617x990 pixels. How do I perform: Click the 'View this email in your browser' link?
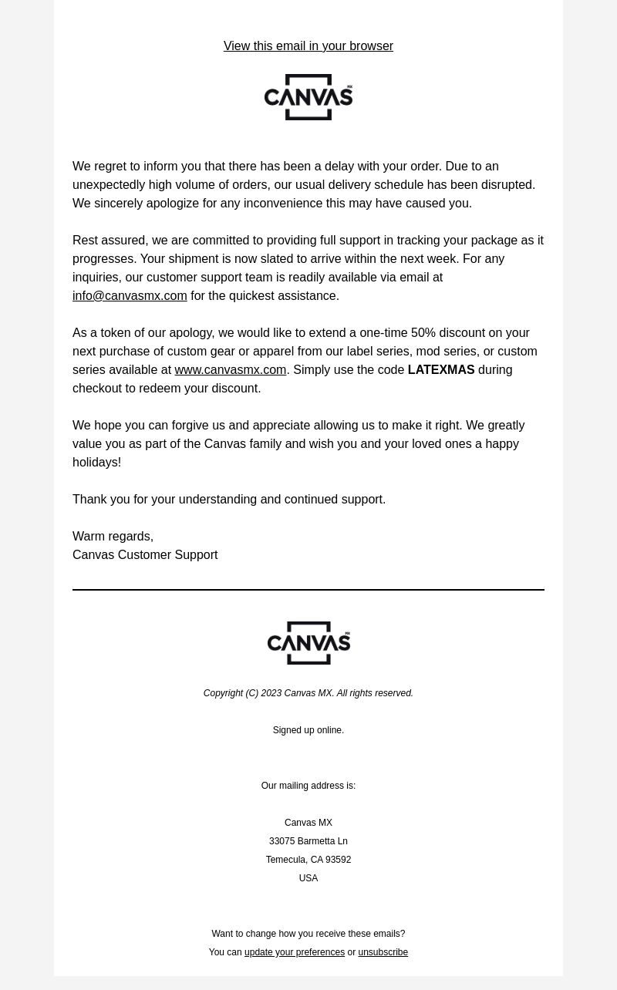coord(308,46)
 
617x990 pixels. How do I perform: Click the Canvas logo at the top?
coord(308,97)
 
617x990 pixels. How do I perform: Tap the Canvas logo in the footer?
coord(308,643)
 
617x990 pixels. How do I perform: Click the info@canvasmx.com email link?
coord(130,296)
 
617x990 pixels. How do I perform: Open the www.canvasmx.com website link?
coord(230,370)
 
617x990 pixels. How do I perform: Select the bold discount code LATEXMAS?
coord(440,370)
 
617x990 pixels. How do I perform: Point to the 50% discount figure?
coord(423,333)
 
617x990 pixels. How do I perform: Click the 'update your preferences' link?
coord(294,952)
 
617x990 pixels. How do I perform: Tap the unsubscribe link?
coord(383,952)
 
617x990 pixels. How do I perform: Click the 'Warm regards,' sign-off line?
coord(113,537)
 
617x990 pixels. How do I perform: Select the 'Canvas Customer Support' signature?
coord(145,555)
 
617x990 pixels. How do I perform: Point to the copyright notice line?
coord(308,693)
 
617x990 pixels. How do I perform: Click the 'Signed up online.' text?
coord(308,730)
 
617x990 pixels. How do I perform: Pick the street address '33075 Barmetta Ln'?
coord(308,841)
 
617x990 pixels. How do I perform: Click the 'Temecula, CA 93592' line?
coord(308,860)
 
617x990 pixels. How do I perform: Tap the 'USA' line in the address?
coord(308,878)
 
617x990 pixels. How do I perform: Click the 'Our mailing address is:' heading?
coord(308,786)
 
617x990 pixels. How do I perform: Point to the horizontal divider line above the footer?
coord(308,590)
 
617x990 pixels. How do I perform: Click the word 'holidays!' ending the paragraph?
coord(96,463)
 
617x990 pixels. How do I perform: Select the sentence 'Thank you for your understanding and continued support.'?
coord(229,500)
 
